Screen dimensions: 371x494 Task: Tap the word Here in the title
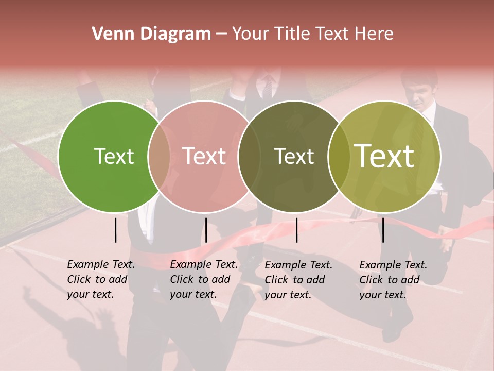[375, 34]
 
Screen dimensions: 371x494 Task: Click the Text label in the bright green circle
[114, 156]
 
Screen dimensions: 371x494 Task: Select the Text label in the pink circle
[204, 156]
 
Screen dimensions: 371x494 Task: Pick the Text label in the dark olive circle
[294, 156]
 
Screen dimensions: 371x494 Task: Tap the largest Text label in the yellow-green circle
[384, 156]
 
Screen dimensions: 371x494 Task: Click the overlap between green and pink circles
[159, 156]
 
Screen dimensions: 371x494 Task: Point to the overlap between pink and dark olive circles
[249, 156]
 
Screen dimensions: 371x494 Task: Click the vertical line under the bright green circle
[115, 230]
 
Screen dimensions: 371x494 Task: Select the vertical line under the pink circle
[206, 230]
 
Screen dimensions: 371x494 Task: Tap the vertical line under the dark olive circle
[296, 230]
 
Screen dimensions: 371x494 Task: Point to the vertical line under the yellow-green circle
[383, 230]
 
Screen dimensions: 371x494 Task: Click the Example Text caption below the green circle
[100, 279]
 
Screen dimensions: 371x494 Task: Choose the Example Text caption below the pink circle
[203, 279]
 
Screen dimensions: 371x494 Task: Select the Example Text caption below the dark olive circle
[298, 280]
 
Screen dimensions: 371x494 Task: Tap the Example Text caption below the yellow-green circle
[393, 280]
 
